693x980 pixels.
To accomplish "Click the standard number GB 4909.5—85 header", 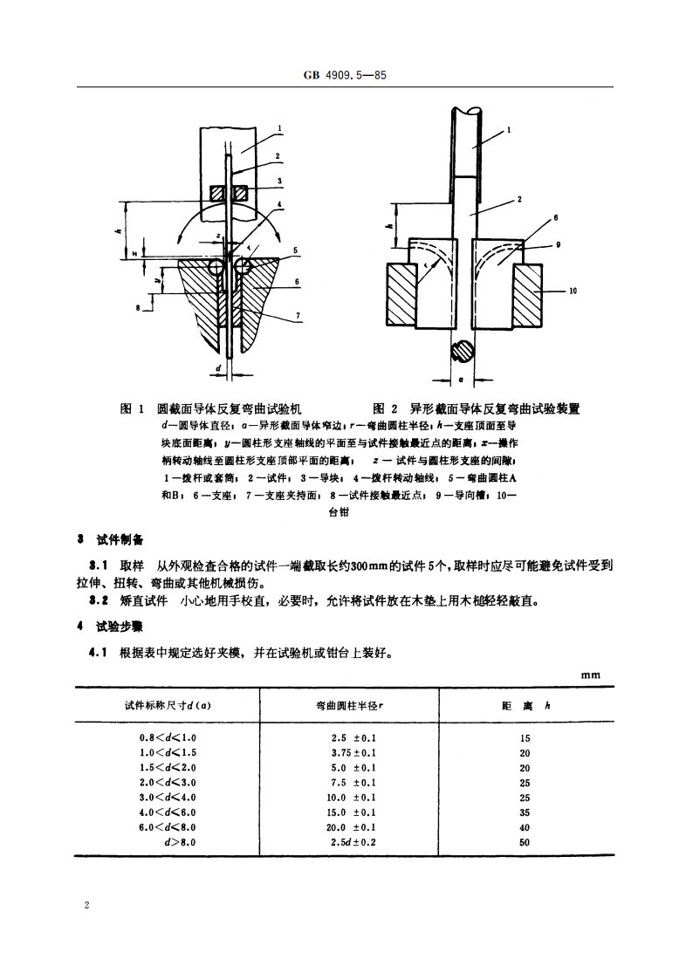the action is [x=346, y=76].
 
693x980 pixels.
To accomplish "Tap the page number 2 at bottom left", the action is [x=86, y=906].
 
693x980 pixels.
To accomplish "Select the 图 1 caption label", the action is [x=131, y=408].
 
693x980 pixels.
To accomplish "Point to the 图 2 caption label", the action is [x=384, y=408].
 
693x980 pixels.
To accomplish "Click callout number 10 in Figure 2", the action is [x=572, y=292].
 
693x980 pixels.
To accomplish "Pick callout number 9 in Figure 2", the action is [x=559, y=244].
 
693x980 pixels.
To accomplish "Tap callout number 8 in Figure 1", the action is [x=138, y=306].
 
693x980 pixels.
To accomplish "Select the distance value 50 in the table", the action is [x=524, y=842].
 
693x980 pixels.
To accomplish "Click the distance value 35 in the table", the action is [x=524, y=812].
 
